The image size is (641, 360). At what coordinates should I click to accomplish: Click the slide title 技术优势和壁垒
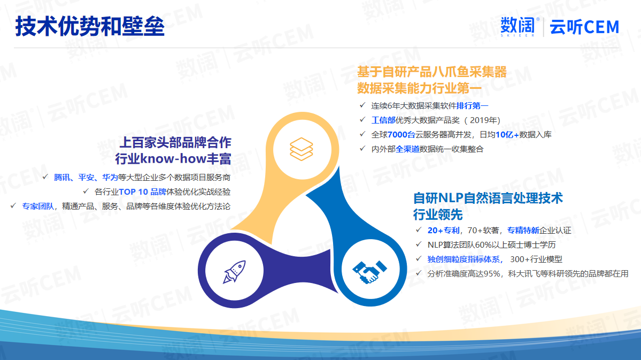pyautogui.click(x=90, y=27)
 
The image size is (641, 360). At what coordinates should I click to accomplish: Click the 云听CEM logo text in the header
pyautogui.click(x=584, y=27)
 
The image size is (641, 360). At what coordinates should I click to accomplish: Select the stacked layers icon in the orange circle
pyautogui.click(x=302, y=149)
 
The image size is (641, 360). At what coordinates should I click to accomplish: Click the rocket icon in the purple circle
pyautogui.click(x=234, y=272)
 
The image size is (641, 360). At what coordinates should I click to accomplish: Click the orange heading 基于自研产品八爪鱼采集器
pyautogui.click(x=431, y=72)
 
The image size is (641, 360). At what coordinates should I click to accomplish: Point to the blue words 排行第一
pyautogui.click(x=472, y=106)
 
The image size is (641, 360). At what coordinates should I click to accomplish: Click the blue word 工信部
pyautogui.click(x=383, y=120)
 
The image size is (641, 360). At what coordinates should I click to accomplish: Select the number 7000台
pyautogui.click(x=401, y=135)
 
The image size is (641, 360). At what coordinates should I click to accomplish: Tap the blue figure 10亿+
pyautogui.click(x=507, y=135)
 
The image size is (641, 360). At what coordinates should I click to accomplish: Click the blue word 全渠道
pyautogui.click(x=407, y=149)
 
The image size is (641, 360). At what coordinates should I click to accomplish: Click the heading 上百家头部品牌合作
pyautogui.click(x=175, y=142)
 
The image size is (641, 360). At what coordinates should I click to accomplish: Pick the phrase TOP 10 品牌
pyautogui.click(x=142, y=192)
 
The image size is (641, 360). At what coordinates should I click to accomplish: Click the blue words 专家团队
pyautogui.click(x=38, y=206)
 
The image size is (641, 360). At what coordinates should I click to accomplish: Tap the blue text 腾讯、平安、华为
pyautogui.click(x=86, y=178)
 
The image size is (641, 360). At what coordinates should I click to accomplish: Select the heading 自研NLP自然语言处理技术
pyautogui.click(x=488, y=198)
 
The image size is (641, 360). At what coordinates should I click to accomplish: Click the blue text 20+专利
pyautogui.click(x=444, y=231)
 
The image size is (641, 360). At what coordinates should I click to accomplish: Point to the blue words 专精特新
pyautogui.click(x=523, y=231)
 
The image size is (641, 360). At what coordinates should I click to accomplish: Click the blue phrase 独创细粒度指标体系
pyautogui.click(x=465, y=259)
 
